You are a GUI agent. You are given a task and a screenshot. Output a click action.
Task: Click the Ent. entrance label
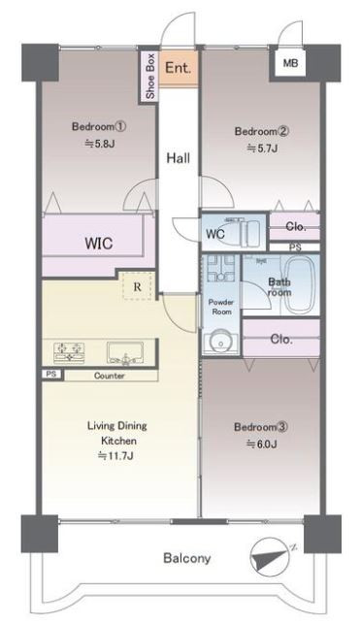click(x=179, y=67)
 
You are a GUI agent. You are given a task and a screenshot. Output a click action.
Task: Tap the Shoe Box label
click(x=149, y=76)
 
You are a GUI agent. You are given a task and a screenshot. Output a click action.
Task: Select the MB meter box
click(x=290, y=63)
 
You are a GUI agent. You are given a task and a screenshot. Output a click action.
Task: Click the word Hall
click(x=178, y=158)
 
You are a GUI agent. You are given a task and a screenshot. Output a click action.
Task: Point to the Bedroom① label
click(x=99, y=127)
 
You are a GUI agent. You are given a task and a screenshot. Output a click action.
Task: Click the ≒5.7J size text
click(x=262, y=148)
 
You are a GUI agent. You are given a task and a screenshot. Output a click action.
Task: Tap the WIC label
click(x=98, y=244)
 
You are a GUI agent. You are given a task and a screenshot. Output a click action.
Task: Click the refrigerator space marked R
click(x=138, y=286)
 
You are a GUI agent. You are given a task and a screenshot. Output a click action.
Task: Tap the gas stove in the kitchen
click(x=69, y=352)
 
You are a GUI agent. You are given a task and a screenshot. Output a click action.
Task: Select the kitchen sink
click(x=125, y=353)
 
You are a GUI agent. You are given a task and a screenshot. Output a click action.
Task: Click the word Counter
click(x=110, y=376)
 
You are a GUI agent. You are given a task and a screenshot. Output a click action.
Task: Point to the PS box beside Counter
click(x=51, y=375)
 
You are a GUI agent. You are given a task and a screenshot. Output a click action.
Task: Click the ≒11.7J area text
click(x=115, y=455)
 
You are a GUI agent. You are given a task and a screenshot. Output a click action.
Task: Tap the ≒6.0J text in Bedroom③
click(x=262, y=444)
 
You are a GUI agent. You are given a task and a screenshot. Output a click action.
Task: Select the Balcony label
click(x=187, y=558)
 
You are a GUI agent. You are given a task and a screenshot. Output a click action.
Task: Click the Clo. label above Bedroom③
click(x=281, y=340)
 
